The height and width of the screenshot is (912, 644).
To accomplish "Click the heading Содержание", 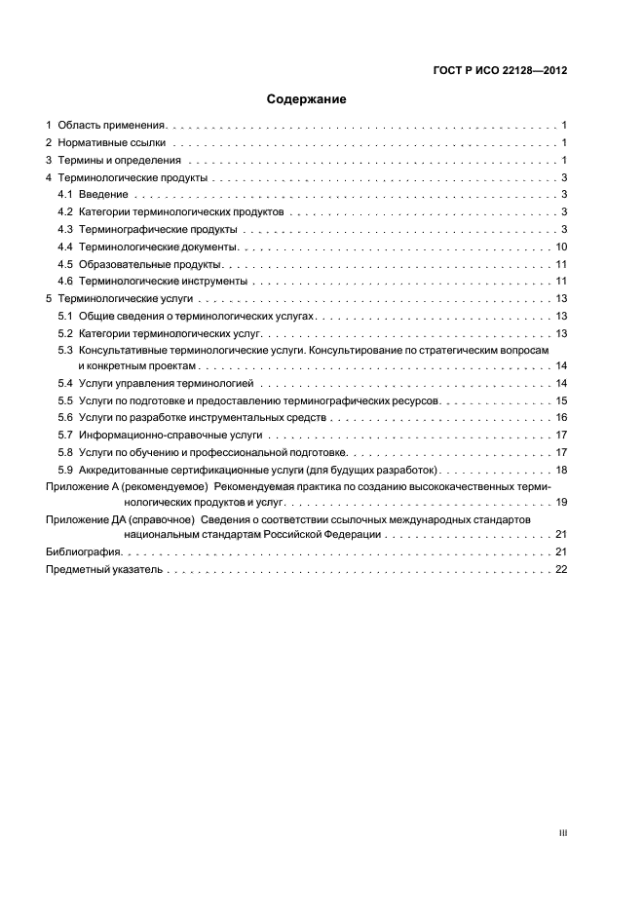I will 307,98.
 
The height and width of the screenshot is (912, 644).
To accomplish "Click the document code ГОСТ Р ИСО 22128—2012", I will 498,70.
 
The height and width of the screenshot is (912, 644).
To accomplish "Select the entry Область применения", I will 113,126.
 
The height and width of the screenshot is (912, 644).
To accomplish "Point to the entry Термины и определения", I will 120,161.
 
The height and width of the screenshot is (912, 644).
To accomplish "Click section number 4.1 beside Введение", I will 65,195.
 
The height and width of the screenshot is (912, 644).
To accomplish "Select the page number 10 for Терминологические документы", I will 561,247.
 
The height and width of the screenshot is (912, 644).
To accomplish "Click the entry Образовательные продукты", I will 151,265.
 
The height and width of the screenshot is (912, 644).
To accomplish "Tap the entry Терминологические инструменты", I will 162,282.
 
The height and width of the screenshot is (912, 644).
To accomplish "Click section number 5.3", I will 65,349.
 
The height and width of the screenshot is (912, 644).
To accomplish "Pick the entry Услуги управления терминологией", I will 166,383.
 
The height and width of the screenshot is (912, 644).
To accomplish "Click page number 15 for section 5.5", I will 561,400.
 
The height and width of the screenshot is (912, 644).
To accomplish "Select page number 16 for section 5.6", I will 561,417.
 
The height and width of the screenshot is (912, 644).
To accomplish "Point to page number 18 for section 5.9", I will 561,470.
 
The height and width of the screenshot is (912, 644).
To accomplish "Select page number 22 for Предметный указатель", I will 561,570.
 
